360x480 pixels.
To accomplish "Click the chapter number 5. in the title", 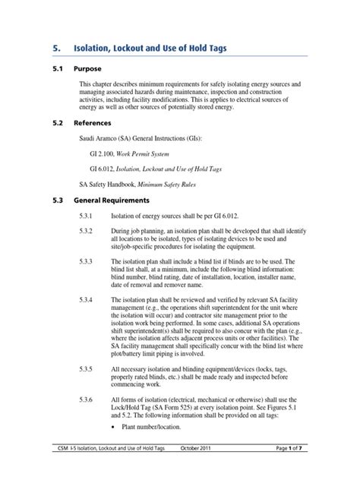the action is [x=57, y=49].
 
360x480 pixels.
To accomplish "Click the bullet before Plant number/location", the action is [x=114, y=427].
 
